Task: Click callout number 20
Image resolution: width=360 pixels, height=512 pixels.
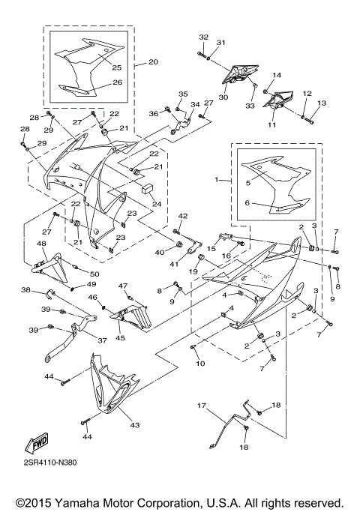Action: click(153, 62)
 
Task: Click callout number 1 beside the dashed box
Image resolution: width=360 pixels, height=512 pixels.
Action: click(218, 181)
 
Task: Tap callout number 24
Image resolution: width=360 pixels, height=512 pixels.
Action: click(157, 203)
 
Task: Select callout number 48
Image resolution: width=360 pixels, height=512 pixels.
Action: click(41, 244)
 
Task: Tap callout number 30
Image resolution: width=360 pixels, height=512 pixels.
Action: click(223, 97)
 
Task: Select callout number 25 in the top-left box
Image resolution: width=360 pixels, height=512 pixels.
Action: click(116, 68)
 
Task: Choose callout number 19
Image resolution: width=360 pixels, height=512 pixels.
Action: click(193, 271)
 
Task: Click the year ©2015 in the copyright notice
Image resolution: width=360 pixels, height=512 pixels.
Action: click(30, 502)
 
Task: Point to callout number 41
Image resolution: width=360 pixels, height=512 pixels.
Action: click(173, 265)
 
